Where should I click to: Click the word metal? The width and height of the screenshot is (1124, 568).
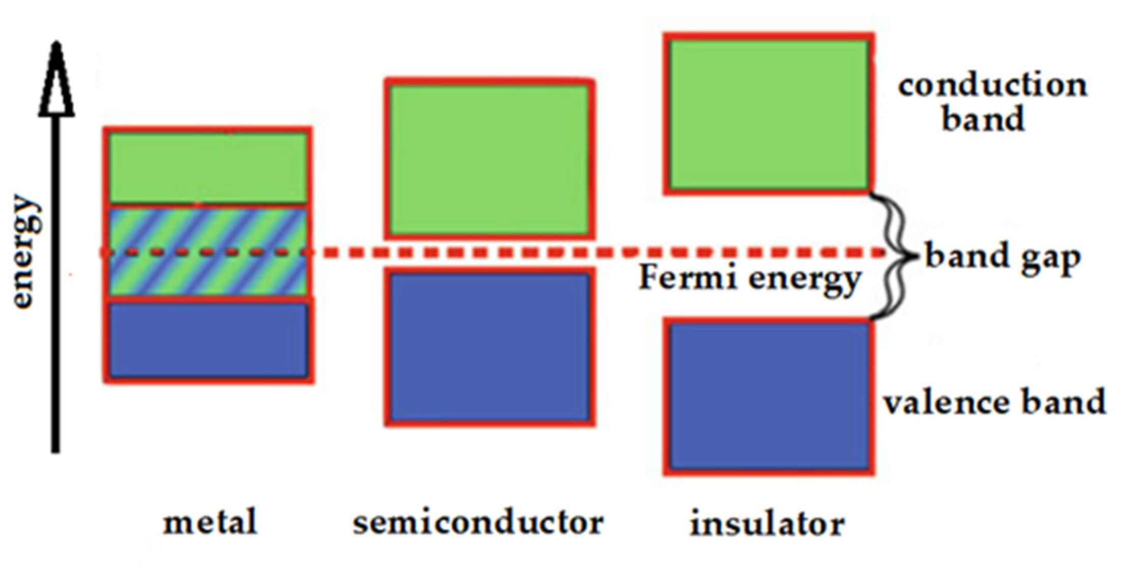coord(210,523)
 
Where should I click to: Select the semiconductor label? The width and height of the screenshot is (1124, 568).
coord(478,523)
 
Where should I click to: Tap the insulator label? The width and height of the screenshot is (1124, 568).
coord(767,524)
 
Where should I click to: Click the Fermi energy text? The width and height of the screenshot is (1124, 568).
coord(749,279)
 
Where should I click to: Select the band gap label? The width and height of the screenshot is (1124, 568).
coord(1002,256)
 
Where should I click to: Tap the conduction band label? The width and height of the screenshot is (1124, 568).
coord(992,102)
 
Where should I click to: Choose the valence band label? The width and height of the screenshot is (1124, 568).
coord(994,402)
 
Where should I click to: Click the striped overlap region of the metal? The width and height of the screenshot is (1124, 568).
coord(208,252)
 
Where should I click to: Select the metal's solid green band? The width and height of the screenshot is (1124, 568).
coord(208,167)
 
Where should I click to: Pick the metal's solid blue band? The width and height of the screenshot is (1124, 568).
coord(208,340)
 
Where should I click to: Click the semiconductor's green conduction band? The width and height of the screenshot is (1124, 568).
coord(488,159)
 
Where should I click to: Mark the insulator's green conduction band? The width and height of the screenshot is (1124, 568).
coord(769,114)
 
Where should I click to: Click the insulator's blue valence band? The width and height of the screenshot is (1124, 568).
coord(769,396)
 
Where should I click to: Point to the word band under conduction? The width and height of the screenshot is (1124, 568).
coord(982,119)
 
